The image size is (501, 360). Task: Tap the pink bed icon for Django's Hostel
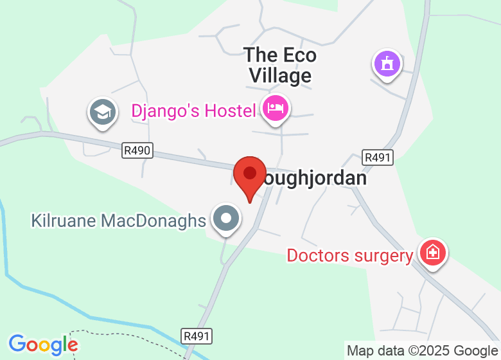(276, 108)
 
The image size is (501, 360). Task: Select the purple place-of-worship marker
(387, 64)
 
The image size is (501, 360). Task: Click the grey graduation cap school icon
(102, 113)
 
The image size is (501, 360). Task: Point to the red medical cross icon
(433, 252)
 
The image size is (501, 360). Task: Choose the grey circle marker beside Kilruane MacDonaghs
(225, 219)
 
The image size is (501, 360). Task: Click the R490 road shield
(137, 150)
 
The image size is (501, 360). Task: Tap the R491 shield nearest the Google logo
(197, 336)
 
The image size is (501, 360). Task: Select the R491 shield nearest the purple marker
(378, 157)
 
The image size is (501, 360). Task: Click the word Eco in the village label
(298, 55)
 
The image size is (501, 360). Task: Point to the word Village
(280, 76)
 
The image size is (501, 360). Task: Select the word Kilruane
(62, 221)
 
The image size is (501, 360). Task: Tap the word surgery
(383, 256)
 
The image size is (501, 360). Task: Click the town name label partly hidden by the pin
(312, 178)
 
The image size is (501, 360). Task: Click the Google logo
(42, 345)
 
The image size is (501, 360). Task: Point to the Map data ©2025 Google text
(422, 350)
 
